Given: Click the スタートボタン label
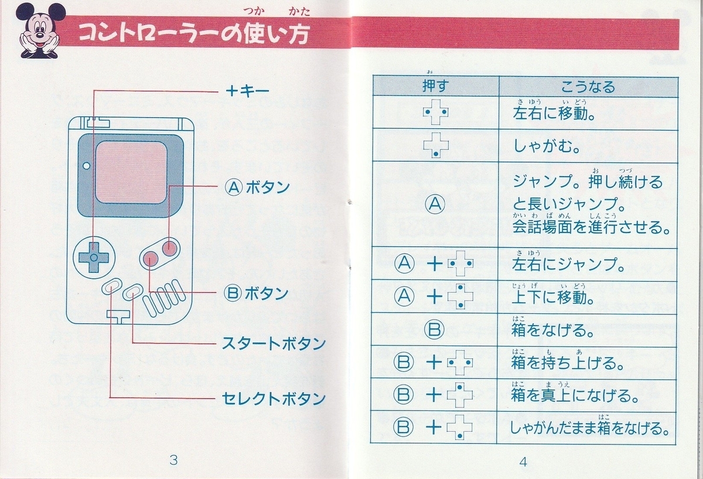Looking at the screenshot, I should tap(273, 344).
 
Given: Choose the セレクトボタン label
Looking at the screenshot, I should tap(273, 399).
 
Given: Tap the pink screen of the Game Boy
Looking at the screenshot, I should tap(131, 172).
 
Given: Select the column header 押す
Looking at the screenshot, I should tap(435, 87).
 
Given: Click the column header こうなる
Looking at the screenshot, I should tap(588, 87).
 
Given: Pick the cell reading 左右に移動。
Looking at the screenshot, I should tap(554, 112).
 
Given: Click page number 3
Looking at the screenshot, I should tap(173, 460).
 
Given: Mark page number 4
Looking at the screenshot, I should tap(523, 461).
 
